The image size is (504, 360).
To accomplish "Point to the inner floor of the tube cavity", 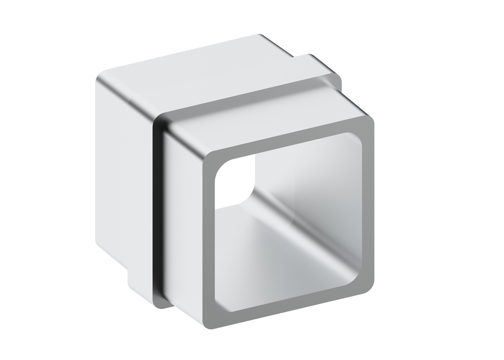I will tap(276, 280).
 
